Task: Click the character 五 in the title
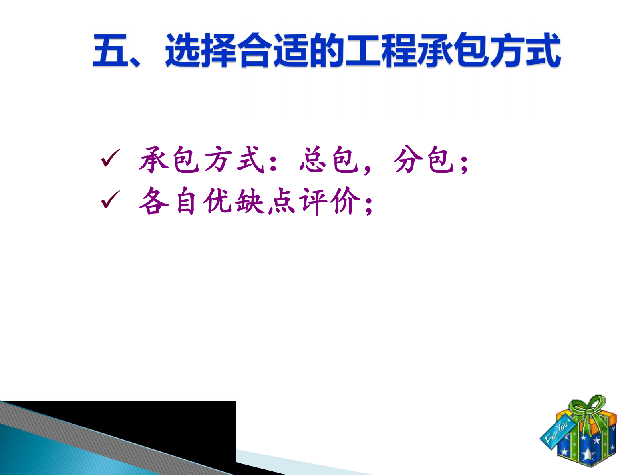click(110, 51)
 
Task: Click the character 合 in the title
click(254, 51)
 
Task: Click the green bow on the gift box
click(587, 407)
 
